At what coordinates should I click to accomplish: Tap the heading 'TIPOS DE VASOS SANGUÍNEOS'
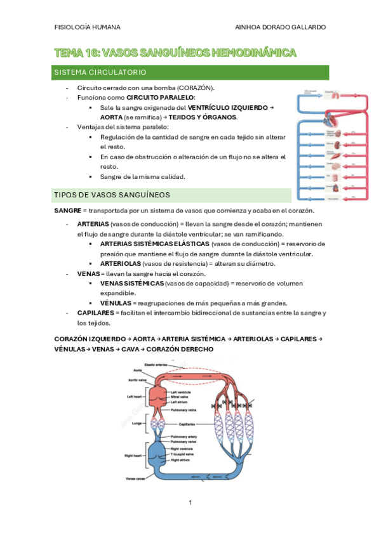pos(112,194)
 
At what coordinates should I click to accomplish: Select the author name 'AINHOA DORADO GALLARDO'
pos(280,27)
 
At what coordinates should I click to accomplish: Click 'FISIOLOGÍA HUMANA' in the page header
pos(88,27)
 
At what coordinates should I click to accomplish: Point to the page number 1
pos(190,502)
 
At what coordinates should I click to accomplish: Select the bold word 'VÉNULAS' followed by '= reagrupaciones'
pos(116,303)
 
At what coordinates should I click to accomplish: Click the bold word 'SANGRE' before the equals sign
pos(67,210)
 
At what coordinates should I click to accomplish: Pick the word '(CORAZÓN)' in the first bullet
pos(196,88)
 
